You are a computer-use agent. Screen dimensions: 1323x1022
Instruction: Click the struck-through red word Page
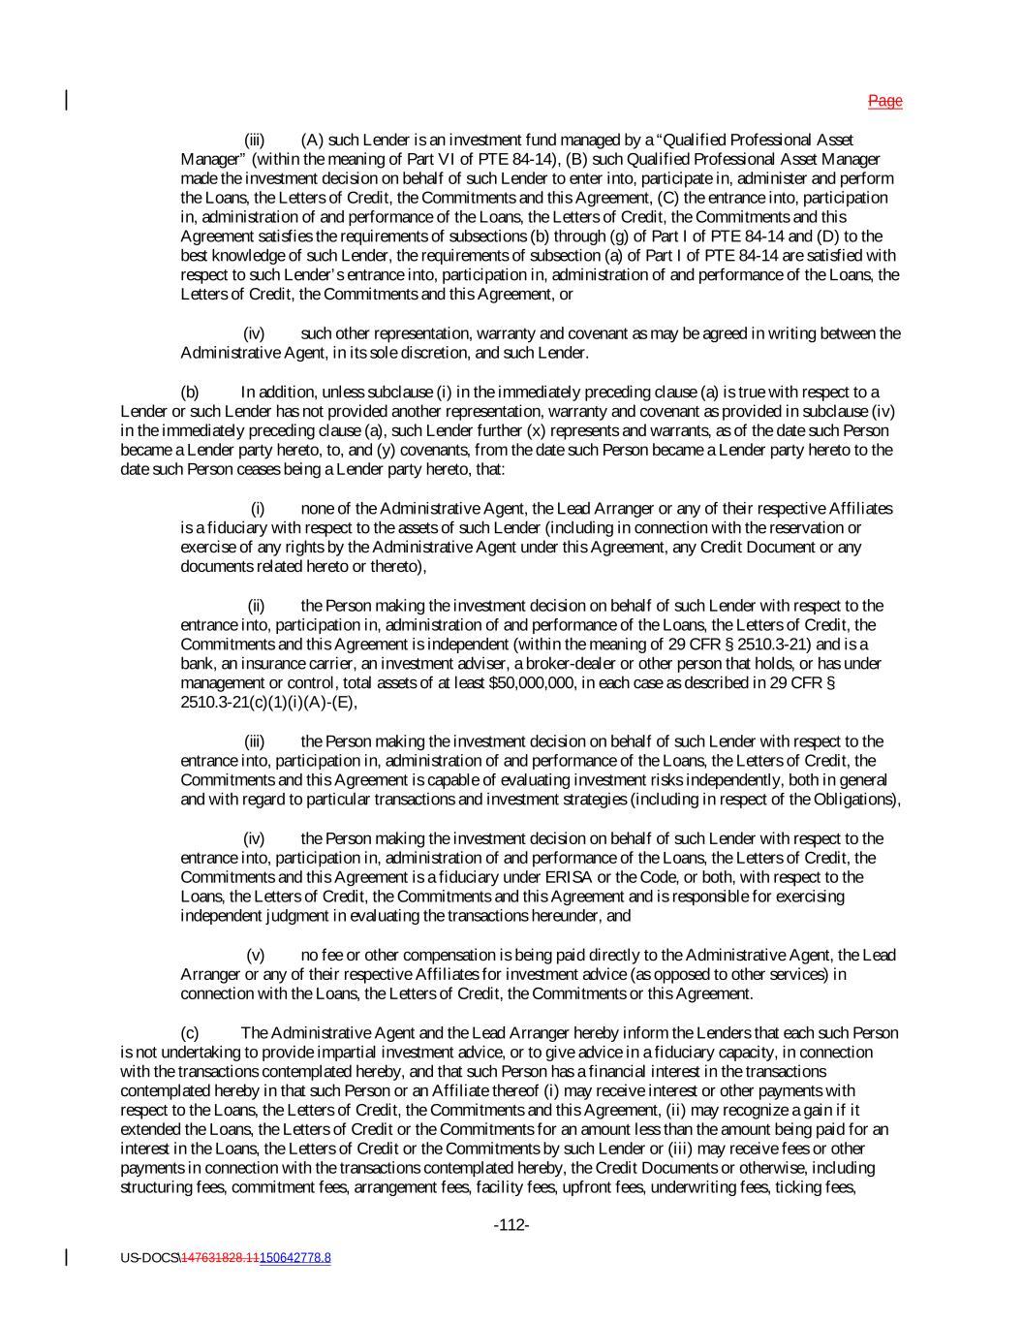pos(884,101)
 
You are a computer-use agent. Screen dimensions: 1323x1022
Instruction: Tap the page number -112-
pos(511,1225)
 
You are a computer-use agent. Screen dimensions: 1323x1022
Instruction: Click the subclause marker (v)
pos(256,955)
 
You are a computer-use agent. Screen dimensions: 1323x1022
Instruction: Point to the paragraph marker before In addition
pos(190,392)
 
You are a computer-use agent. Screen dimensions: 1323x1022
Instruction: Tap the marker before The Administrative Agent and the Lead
pos(190,1032)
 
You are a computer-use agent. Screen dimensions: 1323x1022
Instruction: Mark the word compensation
pos(400,955)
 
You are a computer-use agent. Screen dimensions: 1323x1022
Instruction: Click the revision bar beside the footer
pos(67,1257)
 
